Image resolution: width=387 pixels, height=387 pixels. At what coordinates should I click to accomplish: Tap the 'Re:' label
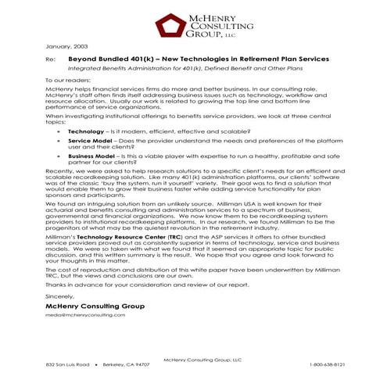pyautogui.click(x=51, y=59)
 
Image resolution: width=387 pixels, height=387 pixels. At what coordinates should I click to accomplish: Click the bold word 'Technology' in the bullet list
pyautogui.click(x=86, y=132)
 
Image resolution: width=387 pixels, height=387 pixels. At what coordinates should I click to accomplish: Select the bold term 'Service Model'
pyautogui.click(x=89, y=142)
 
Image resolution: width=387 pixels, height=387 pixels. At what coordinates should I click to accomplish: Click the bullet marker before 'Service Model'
pyautogui.click(x=59, y=142)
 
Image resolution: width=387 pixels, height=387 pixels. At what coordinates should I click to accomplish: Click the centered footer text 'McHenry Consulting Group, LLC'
pyautogui.click(x=202, y=358)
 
